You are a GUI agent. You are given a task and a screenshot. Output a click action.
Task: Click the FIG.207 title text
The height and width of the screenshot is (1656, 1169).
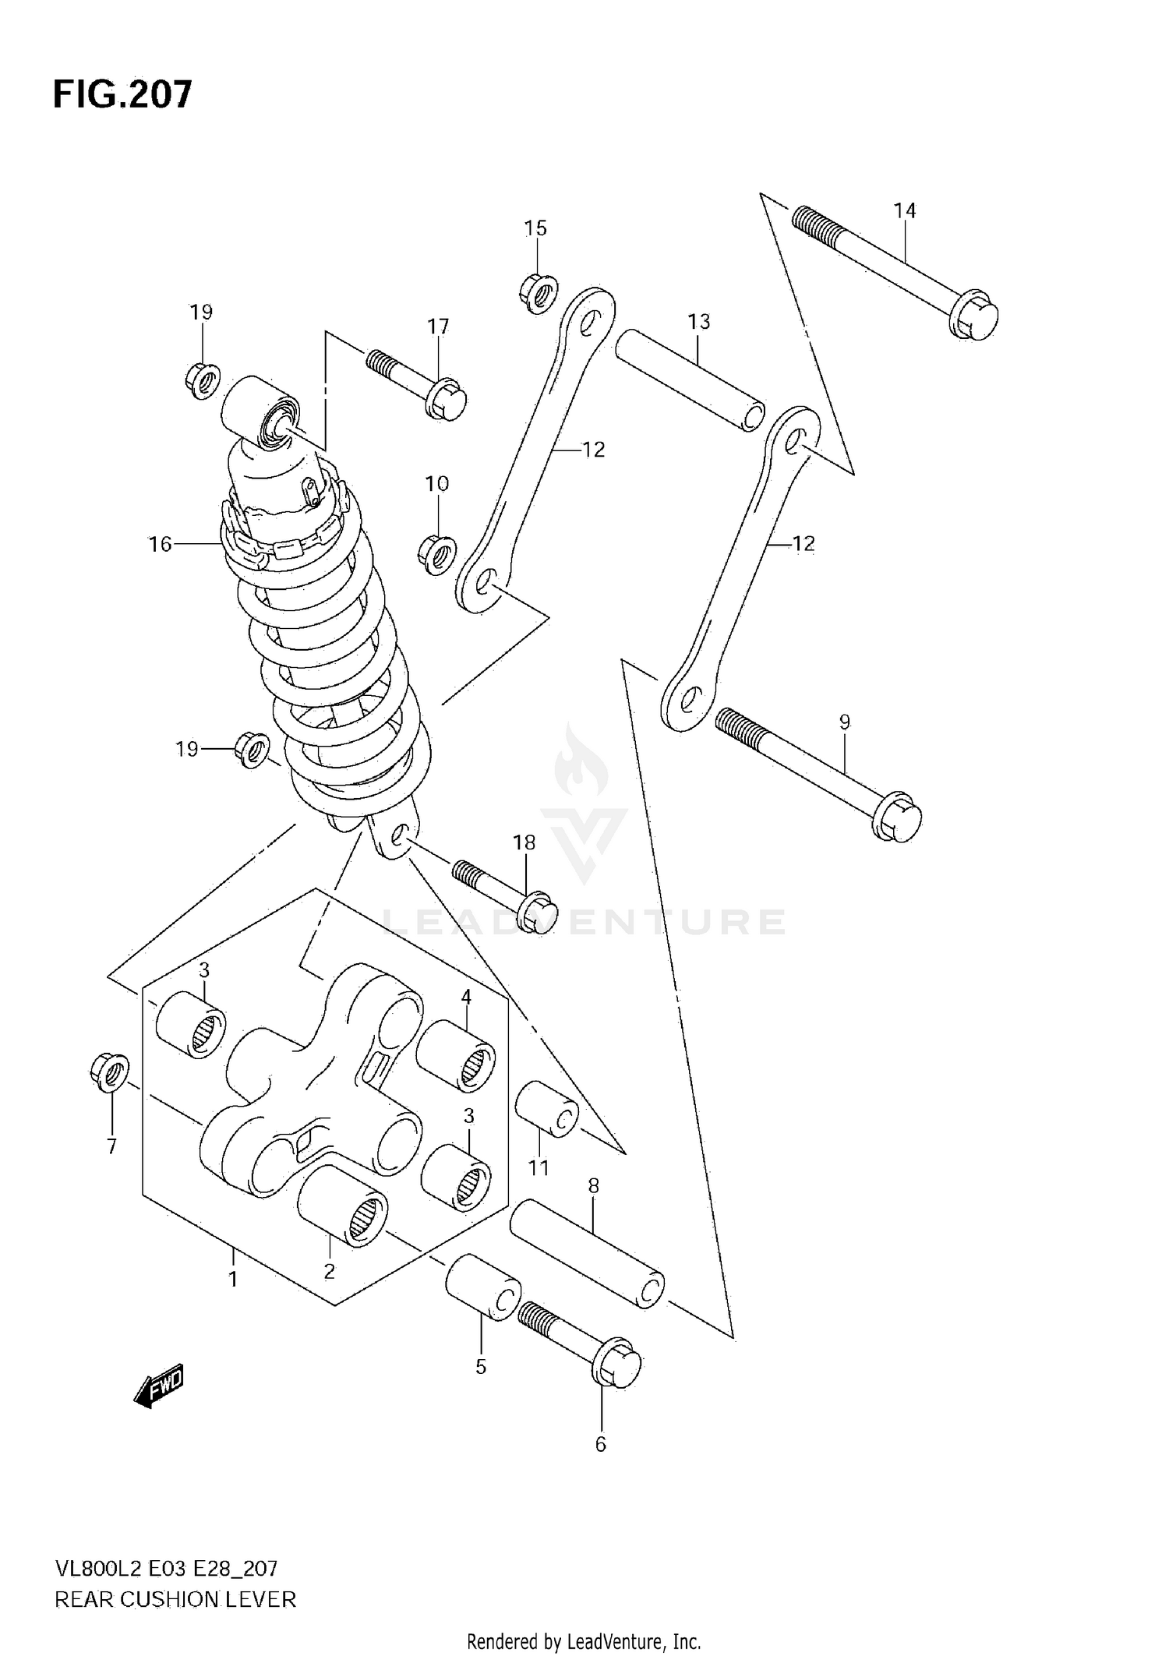(122, 94)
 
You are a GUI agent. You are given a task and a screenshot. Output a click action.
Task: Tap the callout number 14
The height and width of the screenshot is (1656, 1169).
(904, 210)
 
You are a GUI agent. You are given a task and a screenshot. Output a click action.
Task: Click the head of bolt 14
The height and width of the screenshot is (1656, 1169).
(976, 316)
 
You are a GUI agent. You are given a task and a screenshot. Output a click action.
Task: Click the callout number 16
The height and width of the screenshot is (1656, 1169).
(160, 544)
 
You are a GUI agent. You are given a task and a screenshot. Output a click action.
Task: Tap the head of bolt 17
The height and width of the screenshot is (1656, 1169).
(448, 399)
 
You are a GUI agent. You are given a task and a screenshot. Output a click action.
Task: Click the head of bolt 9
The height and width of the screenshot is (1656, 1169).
(899, 819)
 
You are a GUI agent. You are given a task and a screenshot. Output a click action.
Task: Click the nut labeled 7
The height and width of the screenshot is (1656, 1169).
(110, 1072)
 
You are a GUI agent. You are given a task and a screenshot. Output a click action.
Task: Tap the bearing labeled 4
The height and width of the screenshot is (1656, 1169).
(456, 1056)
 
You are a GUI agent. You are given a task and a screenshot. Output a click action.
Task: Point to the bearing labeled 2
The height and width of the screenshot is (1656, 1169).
(343, 1207)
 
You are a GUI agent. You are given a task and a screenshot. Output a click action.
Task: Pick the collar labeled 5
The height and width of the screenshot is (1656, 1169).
(483, 1287)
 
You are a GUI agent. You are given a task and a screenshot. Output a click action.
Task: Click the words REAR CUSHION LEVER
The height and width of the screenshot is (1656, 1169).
(175, 1600)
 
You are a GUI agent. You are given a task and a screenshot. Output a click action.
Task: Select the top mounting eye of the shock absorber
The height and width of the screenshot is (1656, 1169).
(261, 412)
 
